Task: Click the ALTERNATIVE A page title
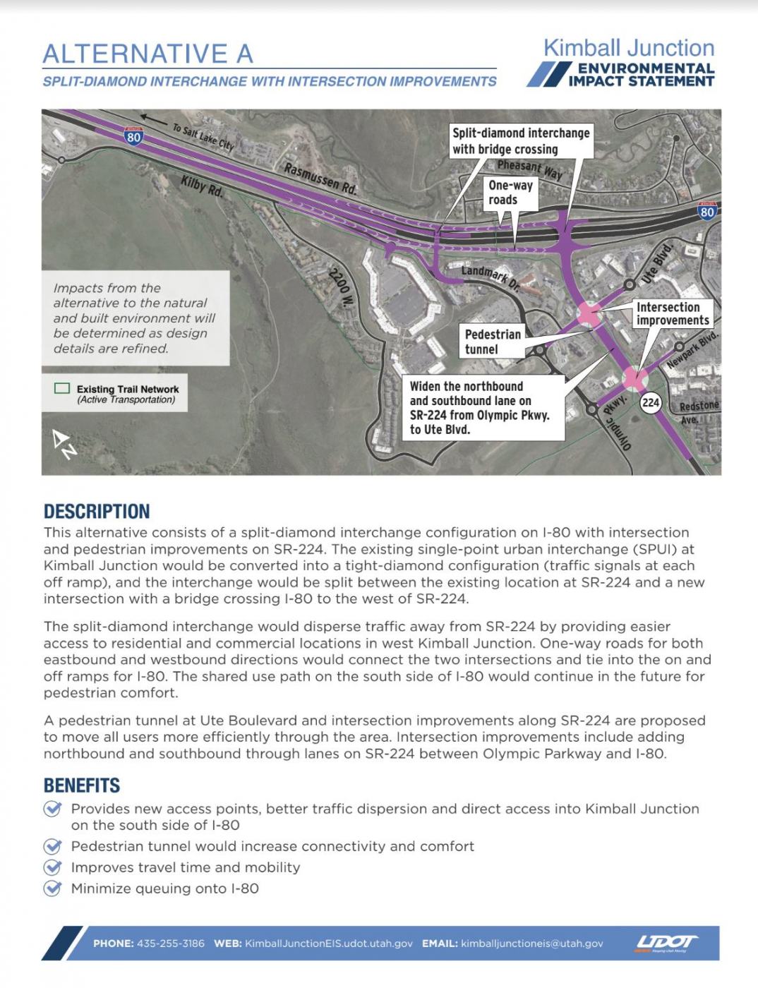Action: point(148,54)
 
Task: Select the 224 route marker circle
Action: point(650,403)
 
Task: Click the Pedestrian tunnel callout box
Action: point(493,342)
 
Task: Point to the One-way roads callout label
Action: point(511,192)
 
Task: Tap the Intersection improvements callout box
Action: point(672,313)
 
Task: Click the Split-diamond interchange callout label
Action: point(521,141)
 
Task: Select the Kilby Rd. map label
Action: point(202,186)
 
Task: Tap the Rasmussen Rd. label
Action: point(320,179)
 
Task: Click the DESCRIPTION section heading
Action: point(97,512)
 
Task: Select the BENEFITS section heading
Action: point(82,785)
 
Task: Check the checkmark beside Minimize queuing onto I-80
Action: point(52,888)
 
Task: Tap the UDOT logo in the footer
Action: point(666,943)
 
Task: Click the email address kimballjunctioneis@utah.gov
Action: point(532,944)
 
